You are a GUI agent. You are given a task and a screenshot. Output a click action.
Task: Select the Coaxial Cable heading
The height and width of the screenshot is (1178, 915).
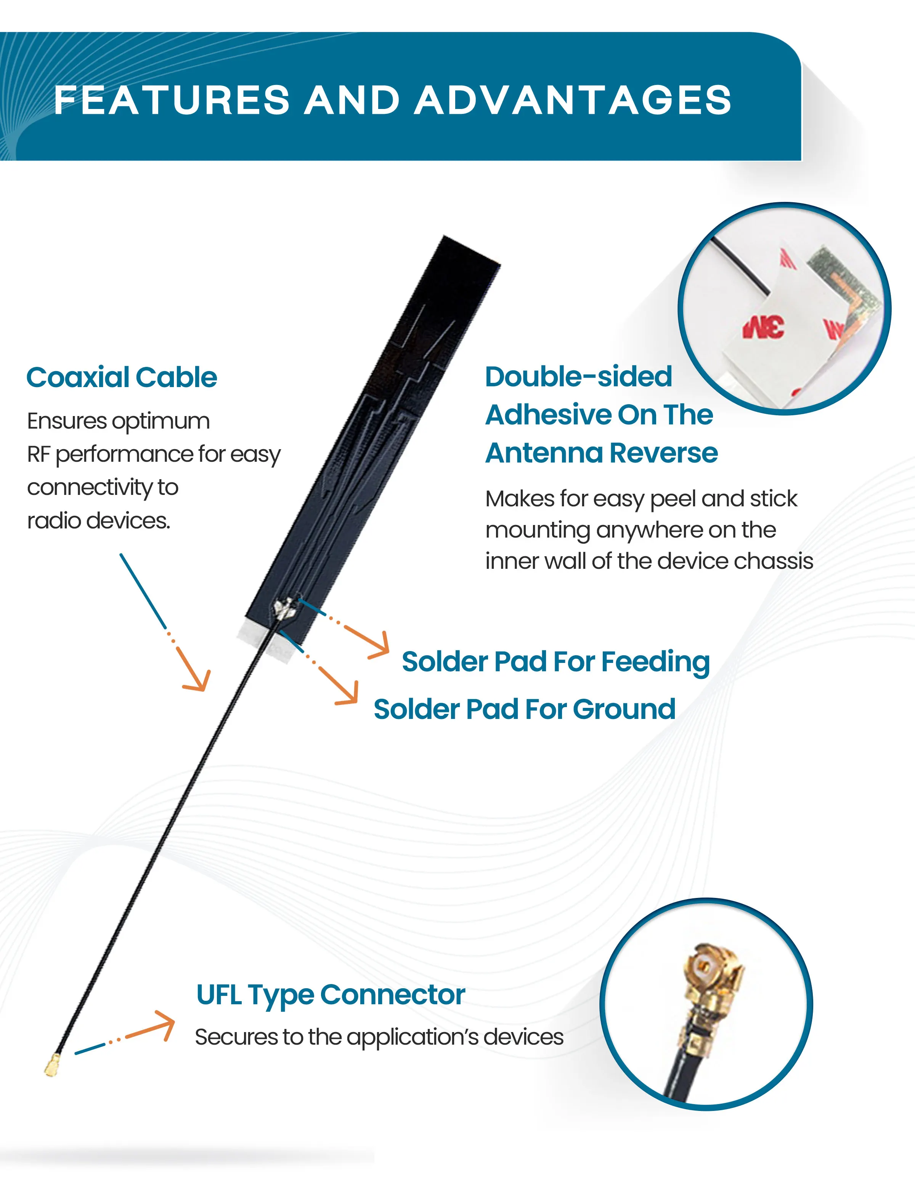tap(122, 377)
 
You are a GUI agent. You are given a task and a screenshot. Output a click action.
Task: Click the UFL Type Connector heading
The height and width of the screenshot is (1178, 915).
tap(331, 995)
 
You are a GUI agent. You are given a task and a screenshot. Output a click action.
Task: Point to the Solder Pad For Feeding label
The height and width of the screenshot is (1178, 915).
tap(555, 661)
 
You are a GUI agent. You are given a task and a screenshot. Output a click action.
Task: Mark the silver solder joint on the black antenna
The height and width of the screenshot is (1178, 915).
tap(283, 608)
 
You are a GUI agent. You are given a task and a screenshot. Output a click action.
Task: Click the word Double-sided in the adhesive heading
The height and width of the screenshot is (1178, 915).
tap(579, 376)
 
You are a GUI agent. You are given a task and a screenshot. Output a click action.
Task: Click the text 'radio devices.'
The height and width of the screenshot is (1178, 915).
tap(99, 520)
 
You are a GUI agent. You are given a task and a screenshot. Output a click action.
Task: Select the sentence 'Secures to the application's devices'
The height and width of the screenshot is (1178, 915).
tap(379, 1037)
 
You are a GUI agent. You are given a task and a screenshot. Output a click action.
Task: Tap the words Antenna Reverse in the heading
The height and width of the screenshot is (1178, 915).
tap(601, 453)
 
